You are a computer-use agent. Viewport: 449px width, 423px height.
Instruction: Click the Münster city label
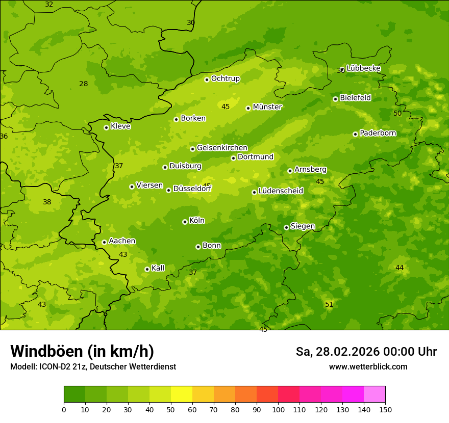pyautogui.click(x=267, y=107)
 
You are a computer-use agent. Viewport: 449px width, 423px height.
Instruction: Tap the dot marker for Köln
pyautogui.click(x=185, y=222)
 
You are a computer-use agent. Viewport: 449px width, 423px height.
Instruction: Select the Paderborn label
pyautogui.click(x=378, y=133)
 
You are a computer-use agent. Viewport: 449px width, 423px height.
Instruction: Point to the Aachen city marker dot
pyautogui.click(x=104, y=242)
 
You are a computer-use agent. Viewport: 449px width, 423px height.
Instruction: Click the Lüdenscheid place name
pyautogui.click(x=281, y=191)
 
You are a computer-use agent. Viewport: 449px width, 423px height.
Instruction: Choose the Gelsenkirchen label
pyautogui.click(x=222, y=148)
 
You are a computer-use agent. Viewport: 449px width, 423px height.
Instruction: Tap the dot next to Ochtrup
pyautogui.click(x=207, y=80)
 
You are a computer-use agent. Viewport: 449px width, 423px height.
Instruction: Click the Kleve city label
pyautogui.click(x=120, y=126)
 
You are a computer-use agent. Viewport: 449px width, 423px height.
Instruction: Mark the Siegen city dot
pyautogui.click(x=286, y=227)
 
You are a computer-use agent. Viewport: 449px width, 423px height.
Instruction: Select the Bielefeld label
pyautogui.click(x=355, y=98)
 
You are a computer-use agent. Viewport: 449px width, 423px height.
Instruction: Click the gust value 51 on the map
pyautogui.click(x=329, y=304)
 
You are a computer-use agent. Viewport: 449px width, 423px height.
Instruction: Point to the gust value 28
pyautogui.click(x=84, y=84)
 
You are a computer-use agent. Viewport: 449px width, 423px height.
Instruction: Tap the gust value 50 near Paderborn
pyautogui.click(x=397, y=113)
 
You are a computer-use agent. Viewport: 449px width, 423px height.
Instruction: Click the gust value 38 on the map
pyautogui.click(x=47, y=202)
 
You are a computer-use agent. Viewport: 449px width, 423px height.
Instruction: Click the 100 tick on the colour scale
pyautogui.click(x=278, y=409)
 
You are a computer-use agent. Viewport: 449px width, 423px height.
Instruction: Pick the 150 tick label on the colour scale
pyautogui.click(x=385, y=409)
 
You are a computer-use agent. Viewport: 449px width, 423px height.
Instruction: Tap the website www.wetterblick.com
pyautogui.click(x=368, y=366)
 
